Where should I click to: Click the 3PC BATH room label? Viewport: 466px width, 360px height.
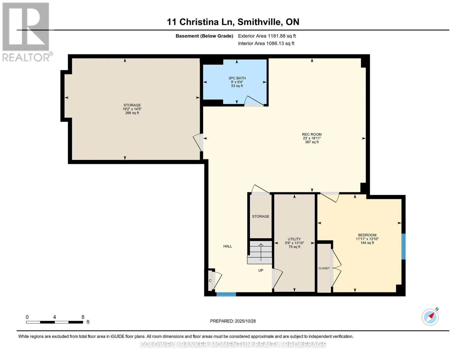point(237,78)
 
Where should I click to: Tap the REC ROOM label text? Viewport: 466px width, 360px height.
point(312,134)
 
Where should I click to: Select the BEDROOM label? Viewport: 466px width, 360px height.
point(367,235)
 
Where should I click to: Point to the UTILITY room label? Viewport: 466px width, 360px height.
point(294,239)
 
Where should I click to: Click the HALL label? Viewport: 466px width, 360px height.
point(227,246)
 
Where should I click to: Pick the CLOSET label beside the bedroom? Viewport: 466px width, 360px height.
point(324,268)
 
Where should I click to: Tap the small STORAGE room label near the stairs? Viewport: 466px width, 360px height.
point(260,216)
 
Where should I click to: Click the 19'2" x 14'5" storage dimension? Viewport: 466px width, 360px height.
point(132,109)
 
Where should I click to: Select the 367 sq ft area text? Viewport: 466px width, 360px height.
point(312,142)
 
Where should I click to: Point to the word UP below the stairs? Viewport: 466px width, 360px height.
point(260,270)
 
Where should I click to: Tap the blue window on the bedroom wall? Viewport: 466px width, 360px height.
point(403,246)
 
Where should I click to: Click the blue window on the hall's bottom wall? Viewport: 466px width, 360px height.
point(226,294)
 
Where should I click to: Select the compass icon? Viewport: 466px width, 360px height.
point(430,317)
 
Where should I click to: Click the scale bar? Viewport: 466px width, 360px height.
point(55,322)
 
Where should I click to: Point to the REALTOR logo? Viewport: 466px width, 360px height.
point(27,32)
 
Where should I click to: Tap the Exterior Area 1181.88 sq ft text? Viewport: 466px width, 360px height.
point(267,36)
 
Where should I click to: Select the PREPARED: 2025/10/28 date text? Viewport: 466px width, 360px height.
point(233,321)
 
